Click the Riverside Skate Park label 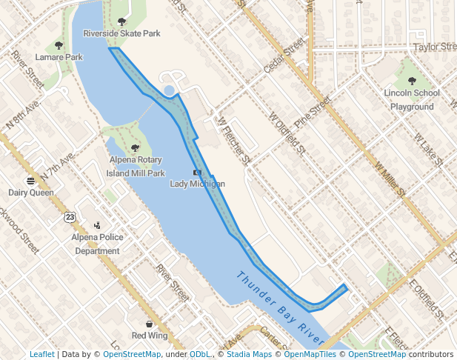[121, 33]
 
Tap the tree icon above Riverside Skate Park [121, 22]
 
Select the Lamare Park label [59, 57]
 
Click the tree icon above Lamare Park [59, 46]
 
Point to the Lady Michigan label [197, 184]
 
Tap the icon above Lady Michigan [197, 173]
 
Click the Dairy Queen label [31, 193]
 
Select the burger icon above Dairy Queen [31, 181]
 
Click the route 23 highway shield [70, 216]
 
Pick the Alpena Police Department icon [97, 226]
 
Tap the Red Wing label [149, 336]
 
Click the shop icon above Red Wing [149, 324]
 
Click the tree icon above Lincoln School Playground [412, 81]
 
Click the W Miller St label [390, 180]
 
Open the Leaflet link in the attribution [41, 355]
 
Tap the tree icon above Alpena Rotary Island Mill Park [136, 148]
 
